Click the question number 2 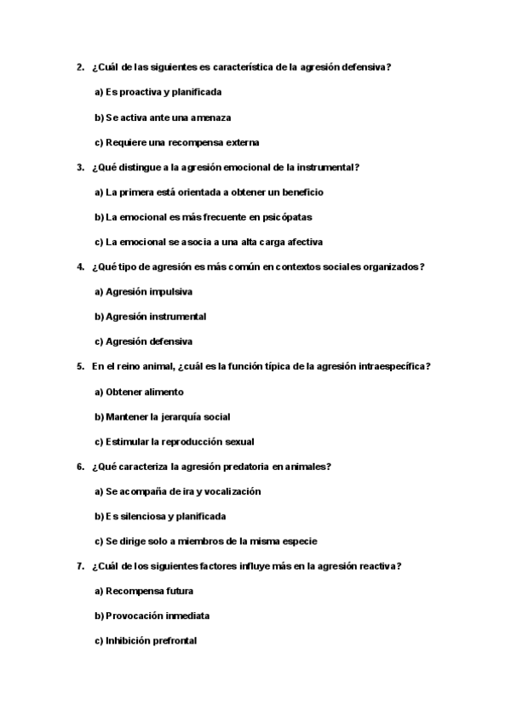[x=79, y=67]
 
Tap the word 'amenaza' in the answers [x=211, y=117]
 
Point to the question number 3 [x=79, y=168]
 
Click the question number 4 [x=79, y=266]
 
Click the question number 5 [x=79, y=367]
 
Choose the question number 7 [x=79, y=566]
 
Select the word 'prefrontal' [x=174, y=641]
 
